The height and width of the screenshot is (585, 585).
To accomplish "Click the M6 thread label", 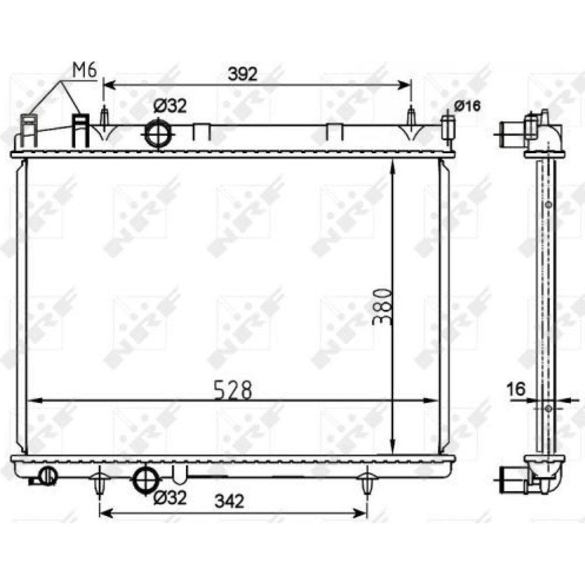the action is coord(85,71).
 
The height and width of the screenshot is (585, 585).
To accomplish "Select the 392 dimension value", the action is coord(243,74).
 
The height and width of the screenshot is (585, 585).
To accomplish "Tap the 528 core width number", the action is coord(233,390).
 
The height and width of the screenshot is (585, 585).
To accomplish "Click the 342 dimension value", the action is coord(229,501).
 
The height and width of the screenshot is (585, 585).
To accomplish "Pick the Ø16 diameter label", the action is coord(467,106).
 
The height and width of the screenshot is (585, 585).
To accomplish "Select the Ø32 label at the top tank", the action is coord(170,106).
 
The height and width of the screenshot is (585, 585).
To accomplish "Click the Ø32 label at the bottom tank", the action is coord(170,497).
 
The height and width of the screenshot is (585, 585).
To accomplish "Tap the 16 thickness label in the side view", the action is coord(516,389).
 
